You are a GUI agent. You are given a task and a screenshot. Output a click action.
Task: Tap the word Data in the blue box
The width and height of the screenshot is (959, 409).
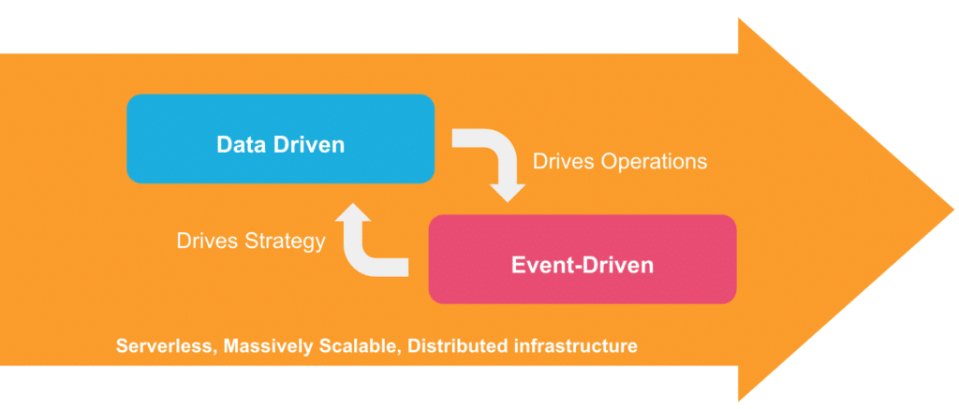(x=238, y=145)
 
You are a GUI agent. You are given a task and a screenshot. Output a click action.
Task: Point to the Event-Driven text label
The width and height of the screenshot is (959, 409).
(x=582, y=265)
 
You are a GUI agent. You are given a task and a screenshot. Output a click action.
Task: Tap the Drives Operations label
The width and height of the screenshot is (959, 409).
(x=619, y=161)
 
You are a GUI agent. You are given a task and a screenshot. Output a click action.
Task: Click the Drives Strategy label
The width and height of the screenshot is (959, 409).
(x=251, y=241)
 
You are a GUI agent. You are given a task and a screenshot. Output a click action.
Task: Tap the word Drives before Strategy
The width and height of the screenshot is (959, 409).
(x=205, y=241)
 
